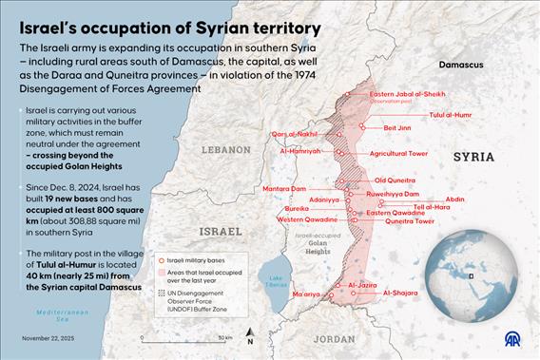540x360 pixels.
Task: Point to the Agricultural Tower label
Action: click(399, 153)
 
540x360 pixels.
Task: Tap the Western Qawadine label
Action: click(304, 219)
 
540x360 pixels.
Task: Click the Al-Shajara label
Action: click(399, 294)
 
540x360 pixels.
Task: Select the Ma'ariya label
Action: click(306, 295)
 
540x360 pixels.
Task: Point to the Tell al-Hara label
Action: click(433, 206)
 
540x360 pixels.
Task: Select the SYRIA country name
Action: click(474, 156)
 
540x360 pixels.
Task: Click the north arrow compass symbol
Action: click(249, 334)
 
